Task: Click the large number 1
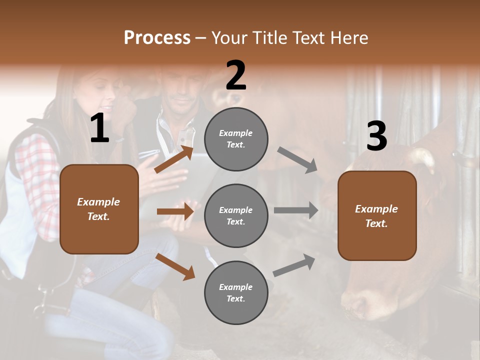[x=99, y=128]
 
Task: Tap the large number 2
[x=236, y=75]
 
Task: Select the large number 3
[x=376, y=136]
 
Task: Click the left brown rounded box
[x=99, y=209]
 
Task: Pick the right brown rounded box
[x=377, y=215]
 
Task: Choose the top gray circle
[x=236, y=139]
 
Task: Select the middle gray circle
[x=236, y=215]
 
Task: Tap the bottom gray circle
[x=236, y=292]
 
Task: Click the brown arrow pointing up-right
[x=174, y=159]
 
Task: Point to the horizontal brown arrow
[x=175, y=211]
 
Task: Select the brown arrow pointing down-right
[x=175, y=266]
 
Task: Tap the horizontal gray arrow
[x=295, y=210]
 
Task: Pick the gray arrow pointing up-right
[x=294, y=265]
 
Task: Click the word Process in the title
[x=157, y=37]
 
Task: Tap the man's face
[x=180, y=92]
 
